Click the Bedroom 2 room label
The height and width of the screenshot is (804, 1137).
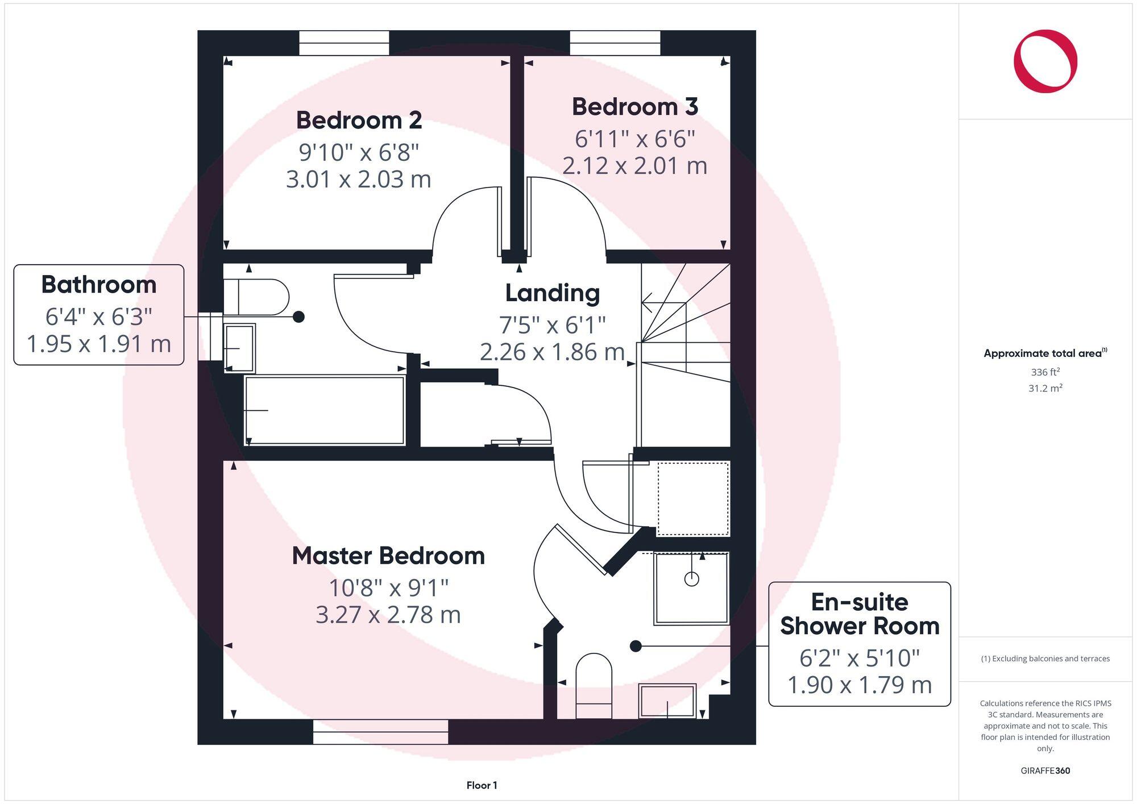click(x=359, y=120)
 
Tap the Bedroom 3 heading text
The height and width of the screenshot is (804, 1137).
click(x=634, y=107)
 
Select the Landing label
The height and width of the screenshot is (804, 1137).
click(x=552, y=293)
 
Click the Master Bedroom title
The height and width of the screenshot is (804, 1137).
click(x=388, y=556)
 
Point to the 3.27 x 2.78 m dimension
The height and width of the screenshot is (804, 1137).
click(x=388, y=615)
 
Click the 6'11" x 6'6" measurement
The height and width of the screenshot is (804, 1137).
click(x=634, y=139)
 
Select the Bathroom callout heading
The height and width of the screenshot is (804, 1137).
click(x=99, y=285)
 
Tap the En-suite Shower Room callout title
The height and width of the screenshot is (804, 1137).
click(x=859, y=614)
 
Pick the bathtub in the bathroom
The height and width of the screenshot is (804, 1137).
click(x=325, y=410)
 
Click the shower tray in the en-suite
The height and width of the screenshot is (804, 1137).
click(x=691, y=588)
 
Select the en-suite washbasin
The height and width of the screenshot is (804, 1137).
click(x=667, y=701)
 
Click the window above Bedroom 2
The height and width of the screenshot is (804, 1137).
click(x=344, y=43)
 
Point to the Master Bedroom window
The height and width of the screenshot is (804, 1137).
click(x=380, y=732)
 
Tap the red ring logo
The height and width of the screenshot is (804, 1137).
click(x=1045, y=61)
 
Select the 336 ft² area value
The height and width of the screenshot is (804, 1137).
click(x=1045, y=373)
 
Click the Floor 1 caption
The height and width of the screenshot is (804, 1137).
click(x=482, y=785)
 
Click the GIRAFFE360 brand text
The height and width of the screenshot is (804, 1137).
click(x=1045, y=770)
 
